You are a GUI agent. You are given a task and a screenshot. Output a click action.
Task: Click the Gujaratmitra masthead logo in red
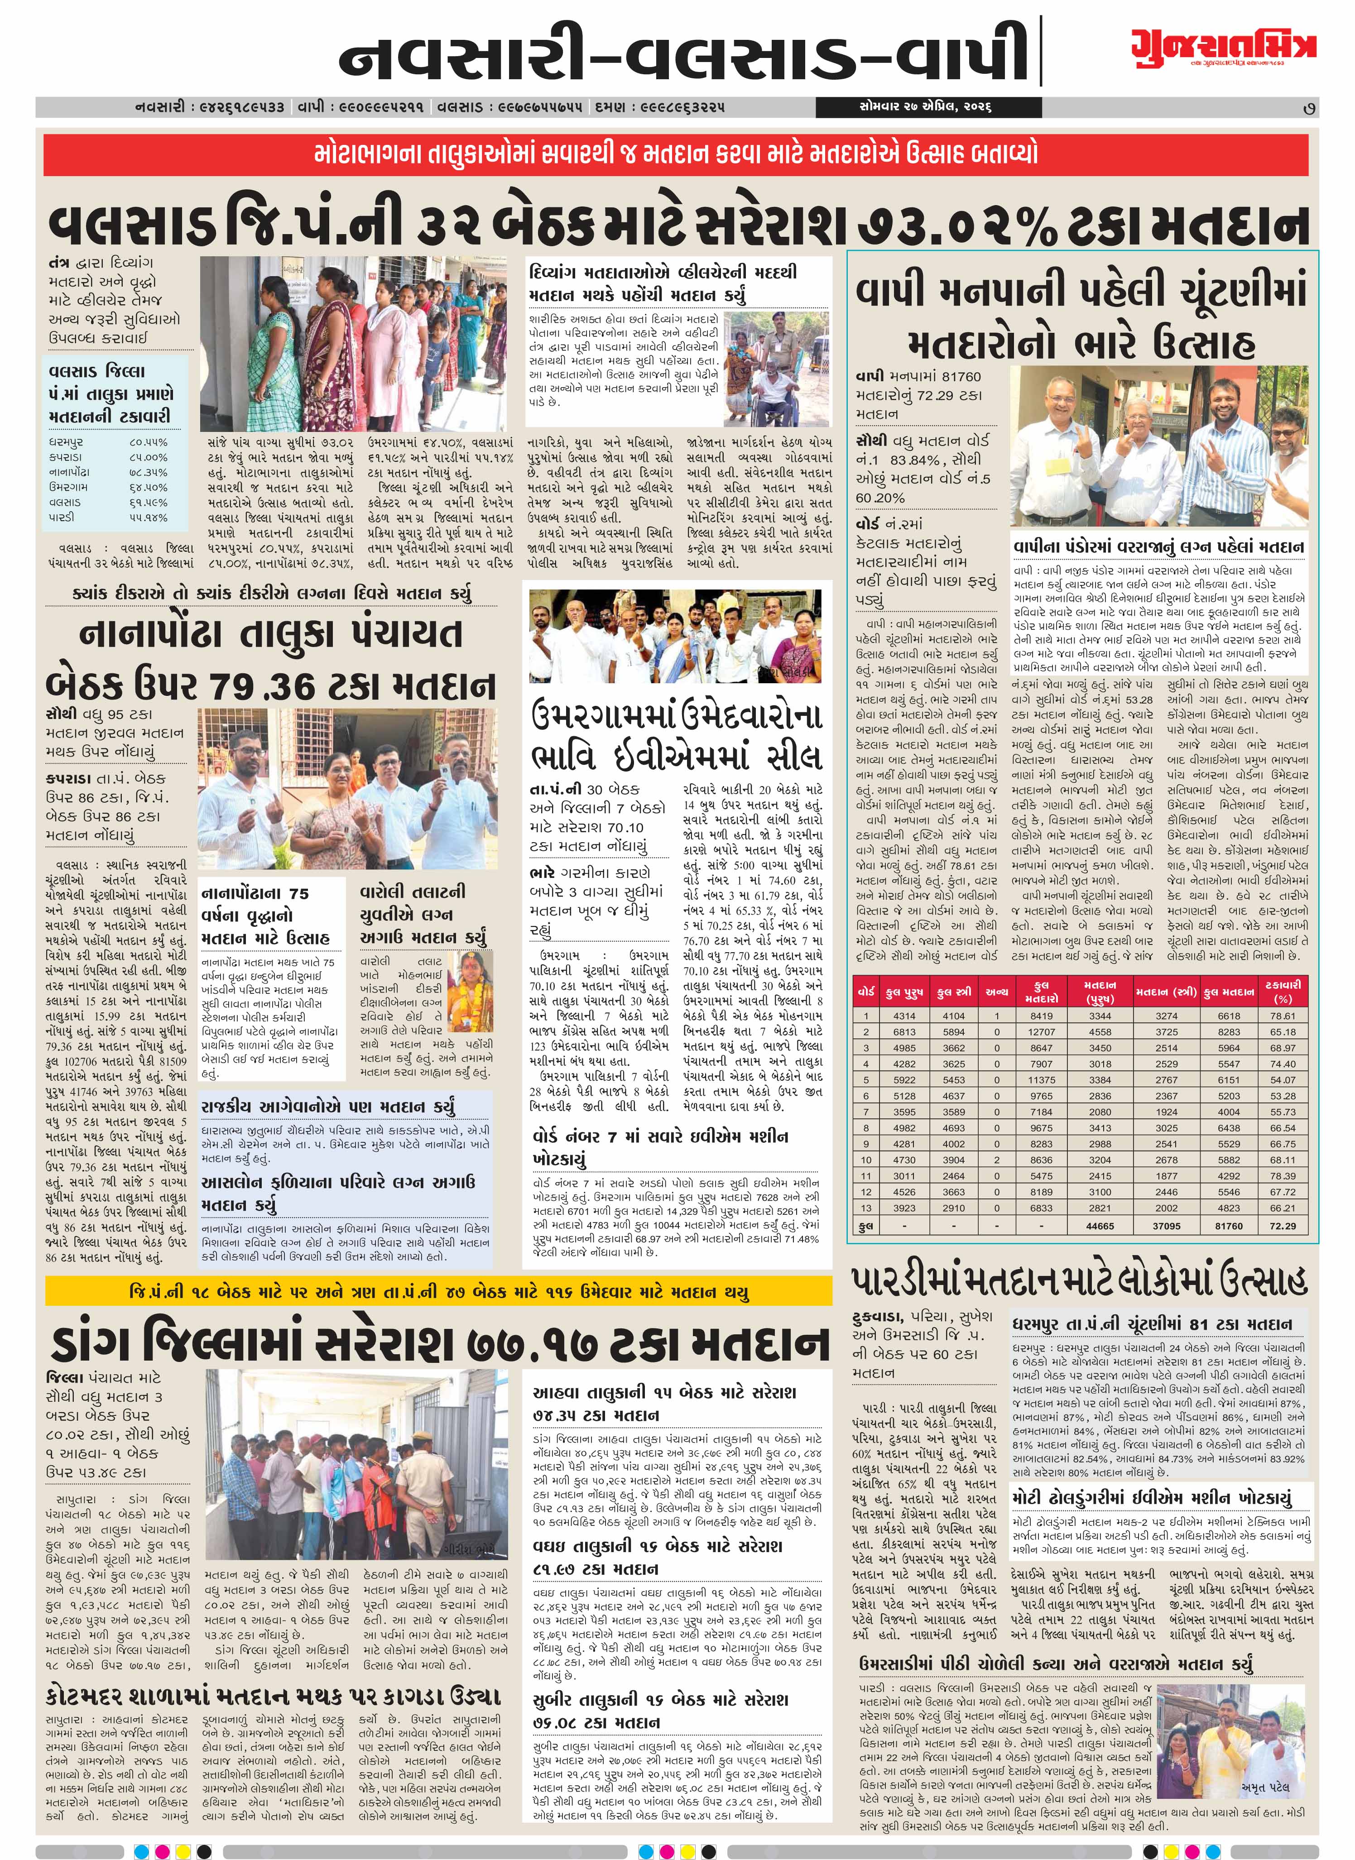click(1224, 46)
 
